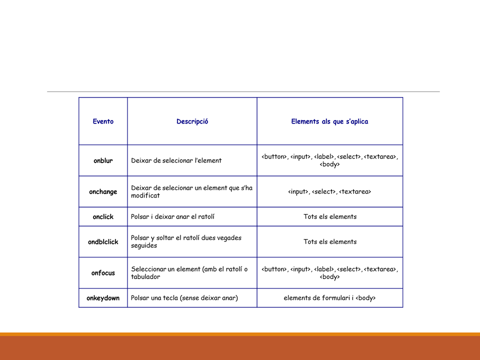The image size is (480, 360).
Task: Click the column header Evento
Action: (x=103, y=121)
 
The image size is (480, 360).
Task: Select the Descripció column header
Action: (x=192, y=121)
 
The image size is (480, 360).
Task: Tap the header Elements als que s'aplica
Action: (x=329, y=121)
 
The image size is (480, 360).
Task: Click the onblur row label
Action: (x=103, y=160)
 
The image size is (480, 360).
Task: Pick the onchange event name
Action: (x=103, y=191)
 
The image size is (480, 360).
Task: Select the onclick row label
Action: (x=103, y=216)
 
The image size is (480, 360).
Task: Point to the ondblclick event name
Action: (x=103, y=241)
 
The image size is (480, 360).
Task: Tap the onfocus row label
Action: (x=103, y=273)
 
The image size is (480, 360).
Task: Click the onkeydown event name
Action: (x=103, y=298)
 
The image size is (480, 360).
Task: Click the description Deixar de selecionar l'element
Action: (x=176, y=160)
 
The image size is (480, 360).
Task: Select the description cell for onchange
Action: (x=191, y=191)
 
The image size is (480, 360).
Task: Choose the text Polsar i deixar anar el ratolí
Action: (x=172, y=216)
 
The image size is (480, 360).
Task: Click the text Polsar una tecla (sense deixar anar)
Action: (x=184, y=298)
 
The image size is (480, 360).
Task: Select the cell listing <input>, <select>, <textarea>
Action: (x=329, y=191)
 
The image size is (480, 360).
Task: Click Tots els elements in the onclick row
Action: (x=329, y=216)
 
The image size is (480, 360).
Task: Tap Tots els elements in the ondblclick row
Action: (x=329, y=241)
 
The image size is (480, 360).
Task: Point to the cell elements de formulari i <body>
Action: (x=329, y=298)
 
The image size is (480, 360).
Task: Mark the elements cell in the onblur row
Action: (x=329, y=160)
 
